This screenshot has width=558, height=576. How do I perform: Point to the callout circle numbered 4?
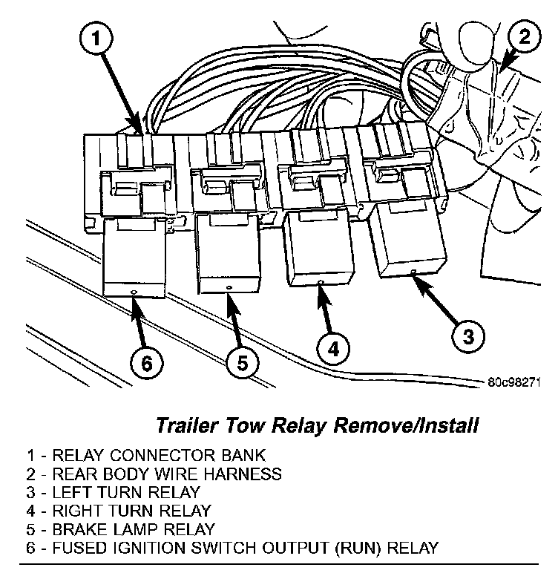334,348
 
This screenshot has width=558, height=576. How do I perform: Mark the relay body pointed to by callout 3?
410,240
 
